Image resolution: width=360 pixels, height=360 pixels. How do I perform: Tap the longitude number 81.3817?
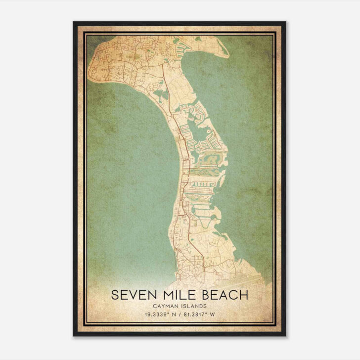pos(197,314)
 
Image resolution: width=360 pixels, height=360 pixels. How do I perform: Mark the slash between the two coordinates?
pos(180,314)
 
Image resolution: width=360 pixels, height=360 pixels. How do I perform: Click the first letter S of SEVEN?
pos(115,295)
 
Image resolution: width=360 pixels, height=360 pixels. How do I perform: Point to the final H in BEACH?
pos(243,295)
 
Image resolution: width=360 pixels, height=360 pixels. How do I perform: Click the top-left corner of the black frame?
pos(74,22)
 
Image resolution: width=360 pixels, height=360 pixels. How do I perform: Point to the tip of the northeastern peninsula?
pos(228,55)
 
